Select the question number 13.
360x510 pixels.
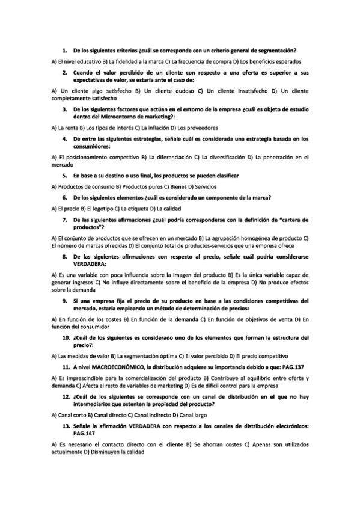click(66, 426)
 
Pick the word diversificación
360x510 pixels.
click(225, 157)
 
